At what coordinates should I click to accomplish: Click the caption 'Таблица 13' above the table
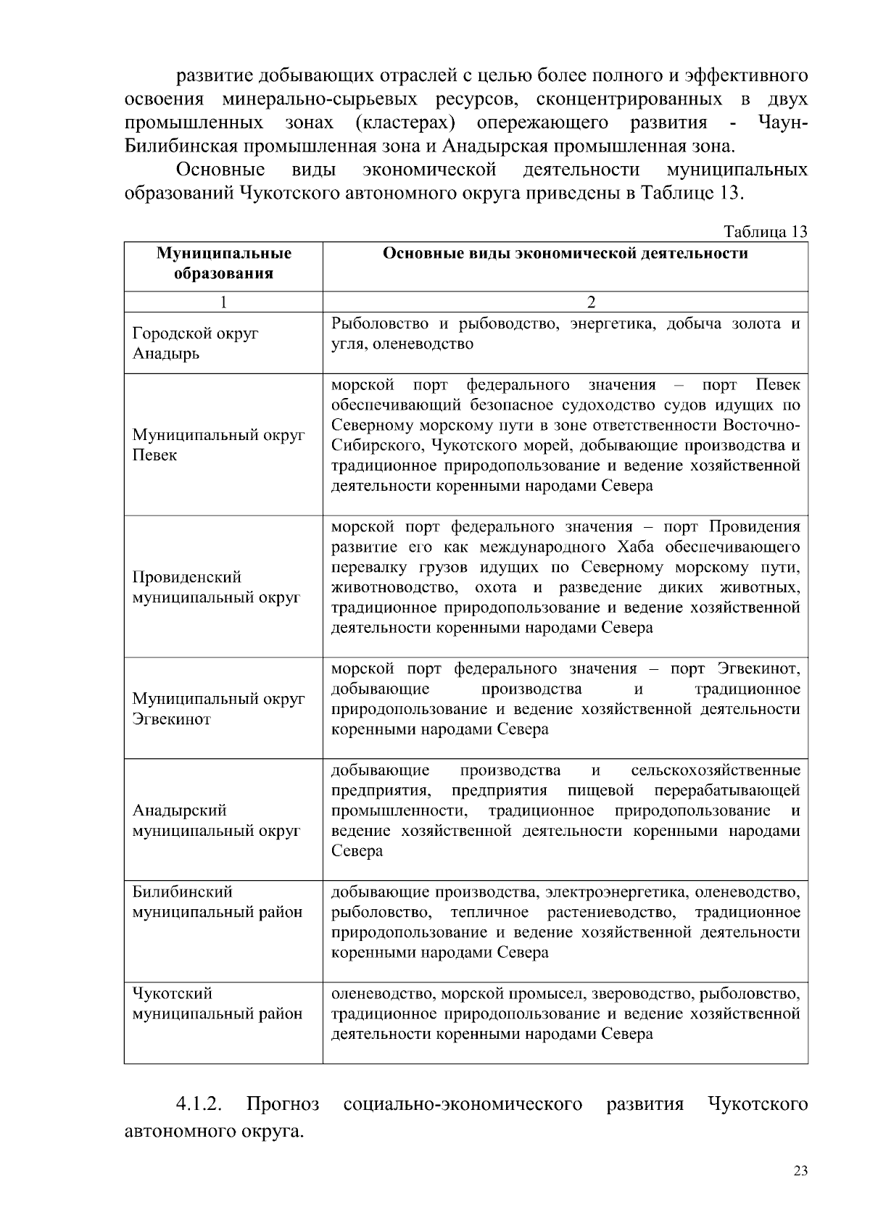coord(765,232)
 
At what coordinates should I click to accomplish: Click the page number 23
coord(800,1172)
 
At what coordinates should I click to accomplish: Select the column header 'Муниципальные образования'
coord(223,263)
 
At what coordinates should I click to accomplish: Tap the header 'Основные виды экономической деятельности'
coord(565,253)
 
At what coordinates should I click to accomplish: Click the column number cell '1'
coord(223,302)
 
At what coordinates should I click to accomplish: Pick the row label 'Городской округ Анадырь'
coord(195,344)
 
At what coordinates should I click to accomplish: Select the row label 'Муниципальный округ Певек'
coord(217,445)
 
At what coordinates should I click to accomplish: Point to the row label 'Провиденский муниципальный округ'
coord(215,587)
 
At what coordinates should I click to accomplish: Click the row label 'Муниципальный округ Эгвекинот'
coord(217,709)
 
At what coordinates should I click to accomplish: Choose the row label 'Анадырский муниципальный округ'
coord(215,820)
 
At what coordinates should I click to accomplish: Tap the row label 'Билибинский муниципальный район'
coord(217,902)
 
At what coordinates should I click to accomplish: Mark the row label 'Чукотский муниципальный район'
coord(217,1003)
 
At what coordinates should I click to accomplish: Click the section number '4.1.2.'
coord(198,1104)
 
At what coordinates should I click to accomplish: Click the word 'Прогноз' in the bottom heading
coord(283,1104)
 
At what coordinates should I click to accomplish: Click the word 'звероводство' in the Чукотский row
coord(634,993)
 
